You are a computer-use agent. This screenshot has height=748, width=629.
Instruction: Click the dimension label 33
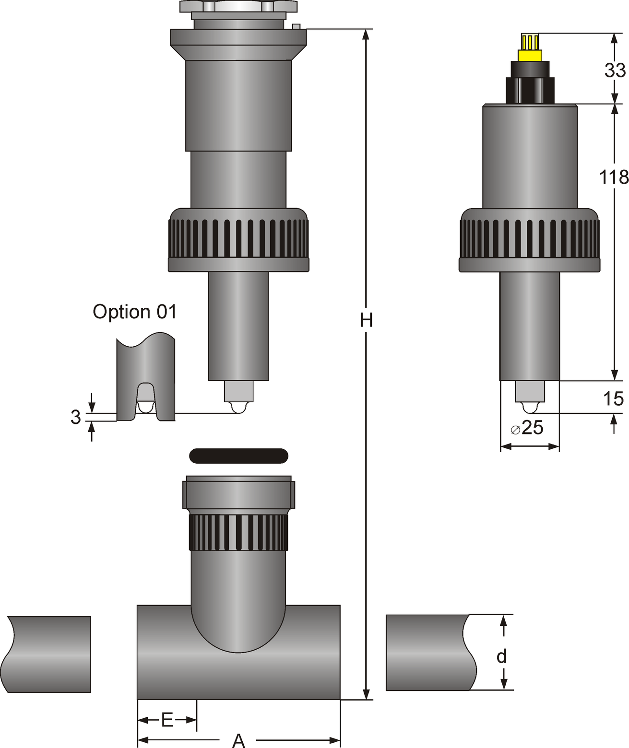coord(615,70)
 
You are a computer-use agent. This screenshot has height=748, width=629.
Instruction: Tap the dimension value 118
coord(614,177)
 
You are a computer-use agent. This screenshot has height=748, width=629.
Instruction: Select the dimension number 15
coord(613,399)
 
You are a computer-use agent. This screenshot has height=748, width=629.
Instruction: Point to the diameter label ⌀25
coord(527,428)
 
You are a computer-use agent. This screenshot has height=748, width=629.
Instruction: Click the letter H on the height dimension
coord(366,320)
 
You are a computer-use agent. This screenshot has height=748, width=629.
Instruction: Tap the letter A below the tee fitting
coord(239,740)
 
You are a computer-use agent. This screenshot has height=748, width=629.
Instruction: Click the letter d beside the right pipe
coord(502,656)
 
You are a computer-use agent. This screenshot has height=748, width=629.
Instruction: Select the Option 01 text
coord(135,312)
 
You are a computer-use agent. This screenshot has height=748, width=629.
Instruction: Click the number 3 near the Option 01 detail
coord(76,417)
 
